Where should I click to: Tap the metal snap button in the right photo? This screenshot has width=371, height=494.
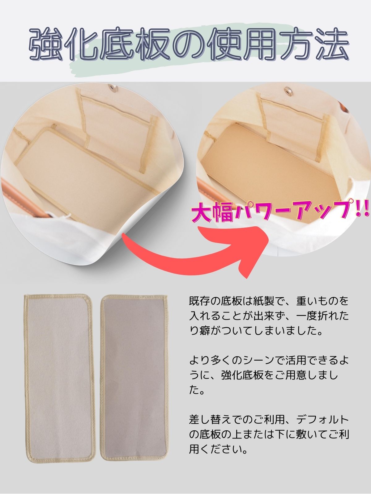pyautogui.click(x=288, y=90)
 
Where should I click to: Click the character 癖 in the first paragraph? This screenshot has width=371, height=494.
pyautogui.click(x=205, y=332)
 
